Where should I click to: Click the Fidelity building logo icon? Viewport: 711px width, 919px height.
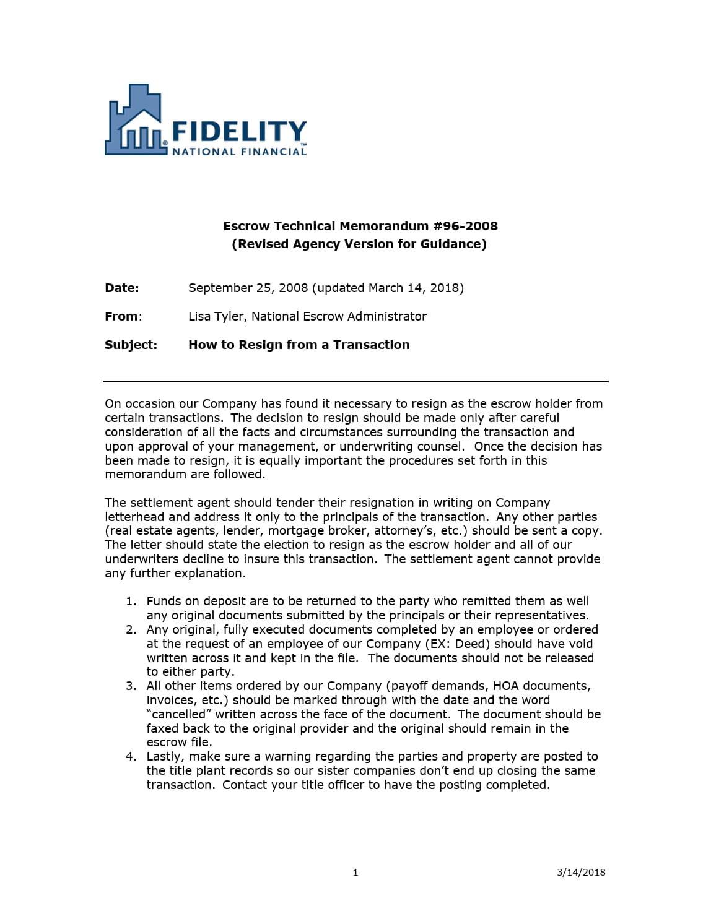click(135, 121)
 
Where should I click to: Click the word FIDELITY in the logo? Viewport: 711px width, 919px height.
click(238, 131)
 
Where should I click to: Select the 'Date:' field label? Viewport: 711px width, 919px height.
click(122, 288)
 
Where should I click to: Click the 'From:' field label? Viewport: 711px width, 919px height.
click(123, 316)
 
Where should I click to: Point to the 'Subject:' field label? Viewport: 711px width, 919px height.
click(131, 345)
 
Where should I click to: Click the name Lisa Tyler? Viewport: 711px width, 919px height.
click(217, 316)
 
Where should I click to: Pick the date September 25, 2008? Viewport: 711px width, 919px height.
click(248, 288)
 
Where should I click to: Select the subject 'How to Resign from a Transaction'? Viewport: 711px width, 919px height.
click(299, 345)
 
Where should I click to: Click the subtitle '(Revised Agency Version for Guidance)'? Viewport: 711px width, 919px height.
click(359, 244)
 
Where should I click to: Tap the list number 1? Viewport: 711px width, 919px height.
click(131, 601)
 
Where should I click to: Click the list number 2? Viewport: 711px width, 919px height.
click(131, 629)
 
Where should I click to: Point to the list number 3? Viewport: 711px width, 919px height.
click(131, 686)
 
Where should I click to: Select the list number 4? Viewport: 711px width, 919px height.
click(131, 756)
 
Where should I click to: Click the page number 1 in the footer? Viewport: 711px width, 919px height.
click(355, 873)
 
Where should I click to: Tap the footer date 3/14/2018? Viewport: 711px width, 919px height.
click(581, 873)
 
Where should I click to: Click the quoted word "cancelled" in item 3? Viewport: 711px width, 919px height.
click(179, 714)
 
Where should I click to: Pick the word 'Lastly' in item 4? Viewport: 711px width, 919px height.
click(165, 756)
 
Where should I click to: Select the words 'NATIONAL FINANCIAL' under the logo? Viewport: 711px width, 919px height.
click(238, 152)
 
